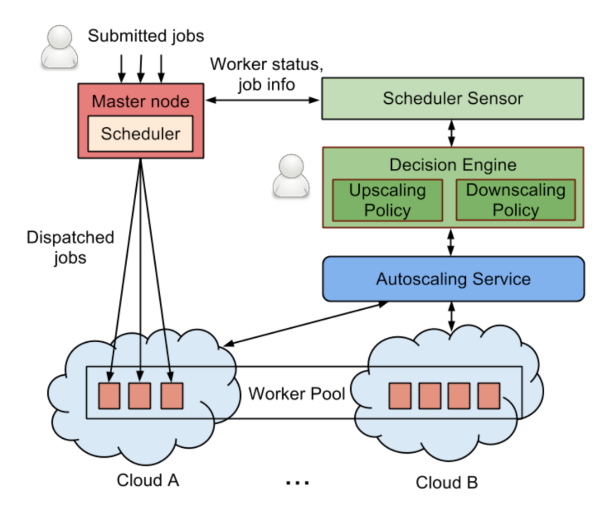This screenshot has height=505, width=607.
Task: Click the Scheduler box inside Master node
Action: tap(141, 134)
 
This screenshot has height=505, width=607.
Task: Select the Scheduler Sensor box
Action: tap(452, 99)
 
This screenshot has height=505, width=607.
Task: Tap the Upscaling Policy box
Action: tap(387, 200)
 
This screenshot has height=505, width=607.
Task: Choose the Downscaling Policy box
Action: tap(516, 200)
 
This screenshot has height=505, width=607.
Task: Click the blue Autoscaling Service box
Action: tap(453, 279)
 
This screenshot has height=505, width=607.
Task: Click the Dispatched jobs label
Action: tap(70, 246)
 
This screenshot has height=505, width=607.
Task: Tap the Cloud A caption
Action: tap(148, 480)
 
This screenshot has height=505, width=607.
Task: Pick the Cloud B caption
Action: tap(447, 482)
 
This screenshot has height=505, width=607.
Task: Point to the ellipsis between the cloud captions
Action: tap(297, 481)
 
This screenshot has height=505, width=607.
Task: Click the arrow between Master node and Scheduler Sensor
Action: tap(261, 100)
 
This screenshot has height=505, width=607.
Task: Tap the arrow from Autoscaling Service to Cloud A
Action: tap(305, 324)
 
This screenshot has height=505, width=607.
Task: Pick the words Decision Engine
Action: tap(453, 164)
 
